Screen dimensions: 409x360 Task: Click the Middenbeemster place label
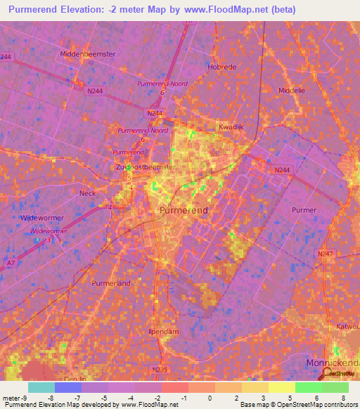pyautogui.click(x=88, y=53)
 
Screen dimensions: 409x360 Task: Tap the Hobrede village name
pyautogui.click(x=223, y=67)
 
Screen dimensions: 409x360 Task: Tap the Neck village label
pyautogui.click(x=88, y=193)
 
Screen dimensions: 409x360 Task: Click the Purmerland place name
pyautogui.click(x=112, y=283)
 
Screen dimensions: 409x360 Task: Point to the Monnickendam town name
pyautogui.click(x=333, y=363)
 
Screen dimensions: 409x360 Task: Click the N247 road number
pyautogui.click(x=326, y=254)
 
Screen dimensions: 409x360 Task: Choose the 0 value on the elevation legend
pyautogui.click(x=210, y=398)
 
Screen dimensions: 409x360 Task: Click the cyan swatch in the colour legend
pyautogui.click(x=41, y=387)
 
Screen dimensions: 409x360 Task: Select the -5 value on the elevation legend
pyautogui.click(x=103, y=398)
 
